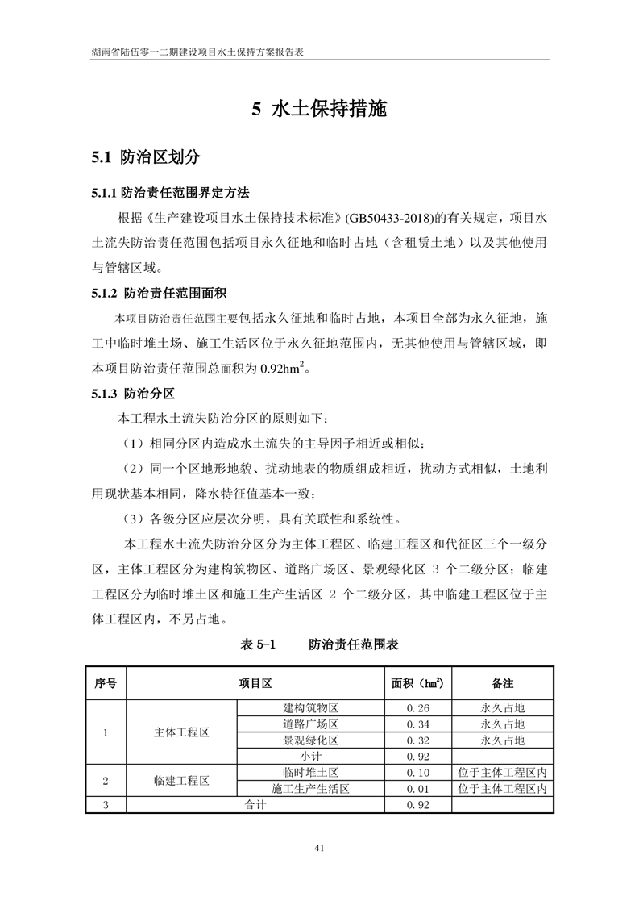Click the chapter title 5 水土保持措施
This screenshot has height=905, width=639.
(319, 110)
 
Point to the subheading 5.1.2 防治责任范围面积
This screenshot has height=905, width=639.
(164, 292)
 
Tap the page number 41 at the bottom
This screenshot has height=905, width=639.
(319, 848)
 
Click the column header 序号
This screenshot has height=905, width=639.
(106, 683)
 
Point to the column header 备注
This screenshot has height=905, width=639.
(502, 683)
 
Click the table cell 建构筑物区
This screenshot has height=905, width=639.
(310, 707)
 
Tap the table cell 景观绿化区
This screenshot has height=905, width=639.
(310, 740)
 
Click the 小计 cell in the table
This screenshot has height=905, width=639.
(310, 756)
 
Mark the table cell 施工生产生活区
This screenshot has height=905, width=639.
(310, 789)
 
